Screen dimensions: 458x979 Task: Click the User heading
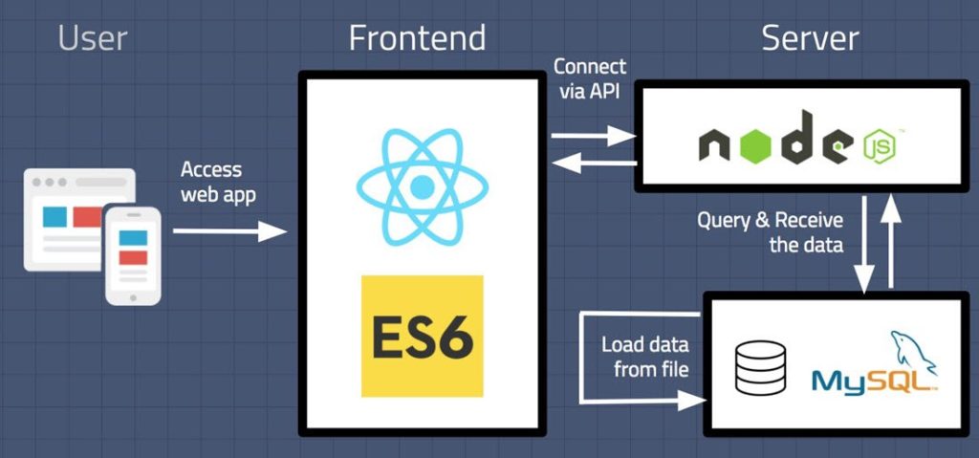click(x=93, y=38)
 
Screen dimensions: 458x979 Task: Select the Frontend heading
click(x=417, y=38)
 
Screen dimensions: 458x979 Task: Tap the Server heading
click(x=810, y=38)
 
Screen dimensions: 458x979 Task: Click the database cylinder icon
click(x=760, y=368)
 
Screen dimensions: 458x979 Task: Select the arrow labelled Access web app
click(x=229, y=231)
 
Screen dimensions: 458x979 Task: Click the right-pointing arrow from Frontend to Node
click(x=594, y=139)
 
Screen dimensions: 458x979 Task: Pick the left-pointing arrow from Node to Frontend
click(x=594, y=164)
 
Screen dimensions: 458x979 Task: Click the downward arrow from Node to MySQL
click(x=865, y=243)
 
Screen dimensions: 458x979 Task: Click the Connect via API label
click(x=590, y=79)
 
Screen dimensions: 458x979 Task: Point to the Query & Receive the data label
click(x=770, y=232)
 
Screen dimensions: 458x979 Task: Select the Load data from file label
click(x=644, y=357)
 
